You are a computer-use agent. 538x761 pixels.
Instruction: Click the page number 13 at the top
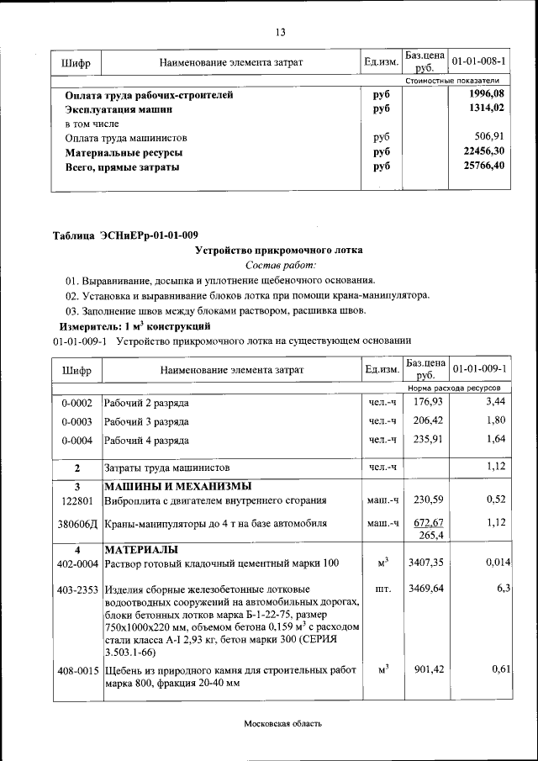pos(280,33)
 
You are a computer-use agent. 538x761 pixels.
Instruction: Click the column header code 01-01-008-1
pos(478,62)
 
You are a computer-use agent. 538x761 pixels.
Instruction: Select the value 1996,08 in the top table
pos(487,94)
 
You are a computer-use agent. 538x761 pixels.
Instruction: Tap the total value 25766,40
pos(484,166)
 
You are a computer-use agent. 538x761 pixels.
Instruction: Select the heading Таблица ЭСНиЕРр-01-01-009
pos(125,235)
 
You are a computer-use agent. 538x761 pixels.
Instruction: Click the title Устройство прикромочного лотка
pos(279,250)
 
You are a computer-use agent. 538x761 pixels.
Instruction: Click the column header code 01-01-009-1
pos(478,369)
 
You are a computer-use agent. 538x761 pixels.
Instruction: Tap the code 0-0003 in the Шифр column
pos(76,421)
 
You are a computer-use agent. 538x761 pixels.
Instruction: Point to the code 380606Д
pos(76,523)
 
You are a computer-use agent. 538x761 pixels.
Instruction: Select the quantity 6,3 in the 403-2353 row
pos(504,588)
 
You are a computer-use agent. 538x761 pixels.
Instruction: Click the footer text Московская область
pos(282,723)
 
